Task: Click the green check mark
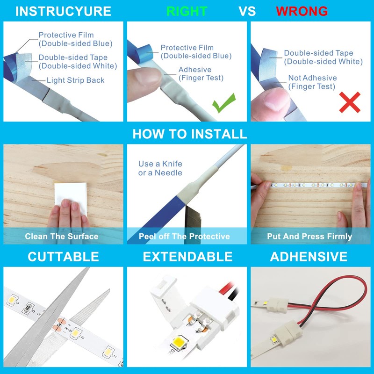223,104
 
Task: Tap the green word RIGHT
187,11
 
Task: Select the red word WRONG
302,11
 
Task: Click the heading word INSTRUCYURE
63,11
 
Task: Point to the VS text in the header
247,11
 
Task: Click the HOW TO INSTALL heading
189,134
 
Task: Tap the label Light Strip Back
75,80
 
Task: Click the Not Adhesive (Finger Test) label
312,82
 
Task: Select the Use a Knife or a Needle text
160,168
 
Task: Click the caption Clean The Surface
62,237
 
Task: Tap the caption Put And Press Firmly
309,237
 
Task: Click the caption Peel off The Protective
184,237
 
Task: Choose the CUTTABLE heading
63,257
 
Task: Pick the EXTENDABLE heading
187,257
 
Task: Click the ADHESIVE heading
309,257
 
